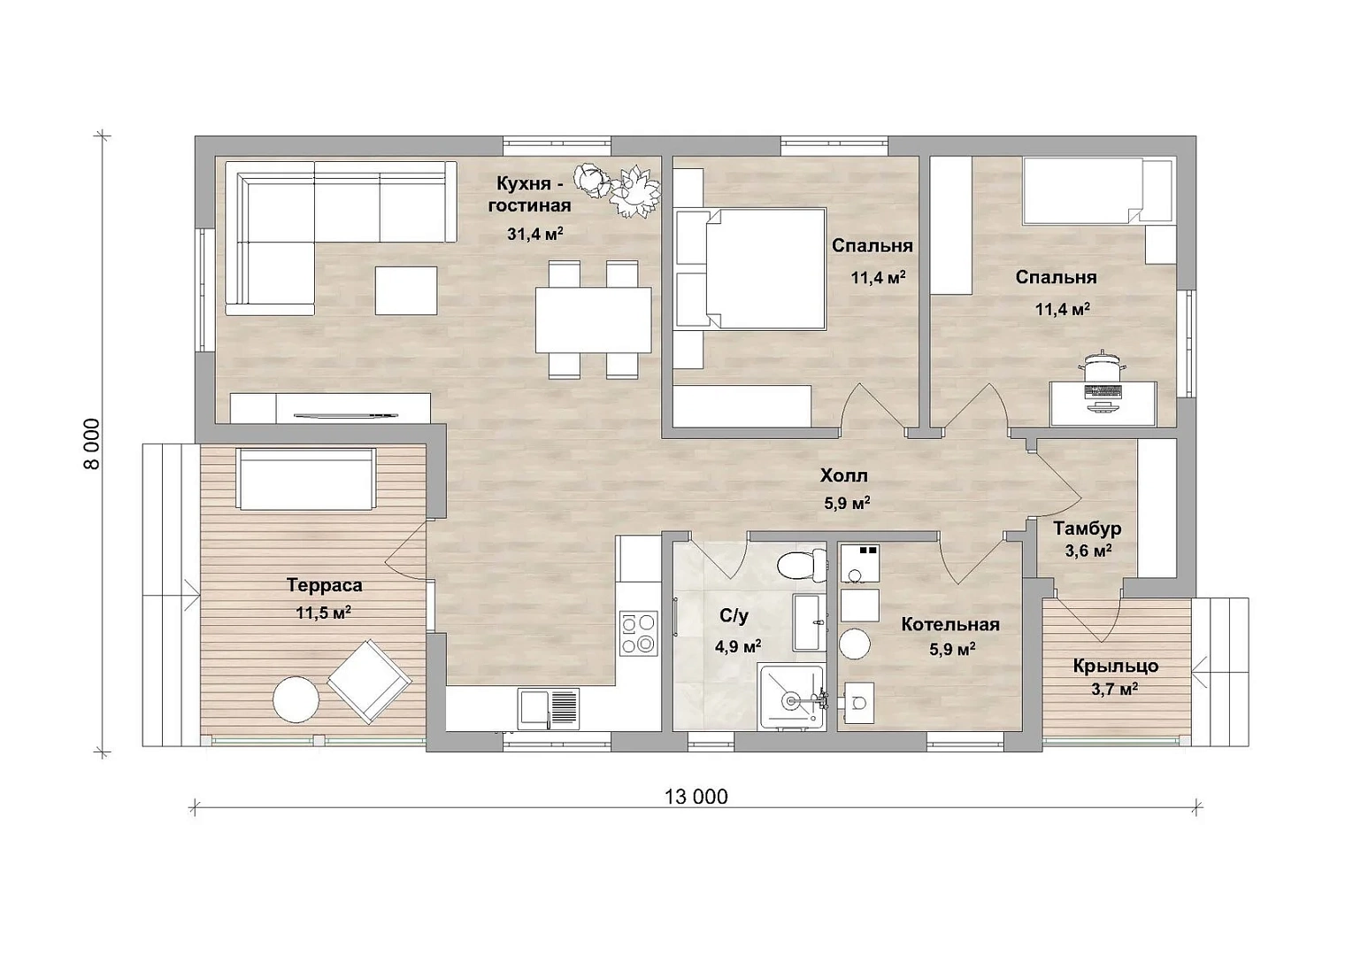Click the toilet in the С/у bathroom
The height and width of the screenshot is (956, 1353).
pos(803,566)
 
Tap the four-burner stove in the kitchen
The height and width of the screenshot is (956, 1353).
pos(638,633)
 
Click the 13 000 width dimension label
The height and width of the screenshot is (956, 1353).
pos(696,797)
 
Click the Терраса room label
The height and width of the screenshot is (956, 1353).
pos(325,585)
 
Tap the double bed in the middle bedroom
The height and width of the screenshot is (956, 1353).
pos(750,268)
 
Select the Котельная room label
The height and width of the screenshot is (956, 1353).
pos(950,624)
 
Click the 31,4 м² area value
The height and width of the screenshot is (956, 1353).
pos(535,234)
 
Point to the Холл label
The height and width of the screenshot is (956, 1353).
pos(844,475)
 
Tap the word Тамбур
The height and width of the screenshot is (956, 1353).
pos(1088,528)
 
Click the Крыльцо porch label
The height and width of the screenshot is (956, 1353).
pos(1116,666)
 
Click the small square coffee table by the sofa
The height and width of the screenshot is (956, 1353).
pos(406,290)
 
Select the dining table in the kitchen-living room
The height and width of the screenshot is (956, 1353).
pos(593,320)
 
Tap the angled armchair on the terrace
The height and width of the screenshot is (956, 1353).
pos(369,681)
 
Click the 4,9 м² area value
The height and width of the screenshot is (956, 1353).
pos(738,646)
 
